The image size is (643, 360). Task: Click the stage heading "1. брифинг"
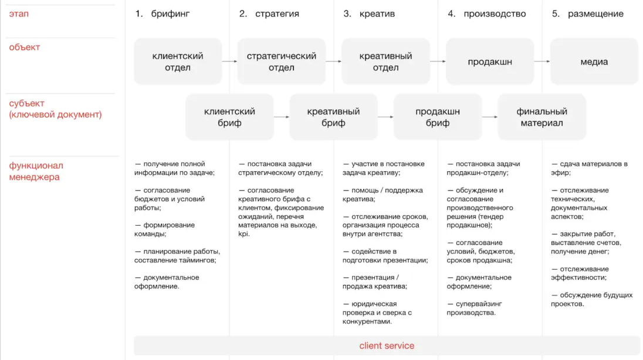163,13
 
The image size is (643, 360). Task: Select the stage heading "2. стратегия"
269,13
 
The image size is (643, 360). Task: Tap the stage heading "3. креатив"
369,13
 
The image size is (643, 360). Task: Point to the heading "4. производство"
487,13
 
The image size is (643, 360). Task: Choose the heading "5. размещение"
588,13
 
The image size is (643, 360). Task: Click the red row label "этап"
19,13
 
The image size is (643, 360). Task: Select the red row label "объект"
25,47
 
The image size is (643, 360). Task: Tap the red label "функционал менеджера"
36,171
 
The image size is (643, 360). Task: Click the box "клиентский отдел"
178,62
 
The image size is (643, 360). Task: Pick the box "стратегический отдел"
282,62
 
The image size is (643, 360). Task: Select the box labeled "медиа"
594,62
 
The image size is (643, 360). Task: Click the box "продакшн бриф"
438,117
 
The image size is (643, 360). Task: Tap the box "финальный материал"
542,117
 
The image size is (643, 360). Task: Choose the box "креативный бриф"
333,117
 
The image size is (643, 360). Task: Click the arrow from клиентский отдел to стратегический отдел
229,62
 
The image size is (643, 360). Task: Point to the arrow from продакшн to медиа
542,62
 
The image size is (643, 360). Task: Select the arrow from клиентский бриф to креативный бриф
282,117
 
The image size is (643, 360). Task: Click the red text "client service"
387,346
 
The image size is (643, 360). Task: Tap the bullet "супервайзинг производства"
475,308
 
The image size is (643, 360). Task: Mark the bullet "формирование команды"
164,230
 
